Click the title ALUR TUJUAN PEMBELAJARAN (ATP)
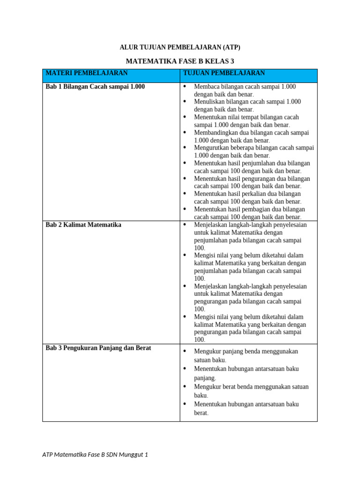(x=180, y=47)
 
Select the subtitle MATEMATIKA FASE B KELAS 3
(x=180, y=61)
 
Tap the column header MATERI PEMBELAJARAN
(x=86, y=73)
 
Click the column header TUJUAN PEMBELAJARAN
(x=224, y=73)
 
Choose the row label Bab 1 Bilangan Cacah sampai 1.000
(x=95, y=87)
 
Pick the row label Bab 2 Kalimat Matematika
(x=83, y=225)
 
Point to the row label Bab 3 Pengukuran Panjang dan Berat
(x=98, y=348)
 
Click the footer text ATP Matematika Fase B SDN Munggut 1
(x=95, y=454)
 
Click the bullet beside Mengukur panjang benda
(x=184, y=351)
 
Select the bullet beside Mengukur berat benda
(x=184, y=387)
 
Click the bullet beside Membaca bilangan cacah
(x=184, y=87)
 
